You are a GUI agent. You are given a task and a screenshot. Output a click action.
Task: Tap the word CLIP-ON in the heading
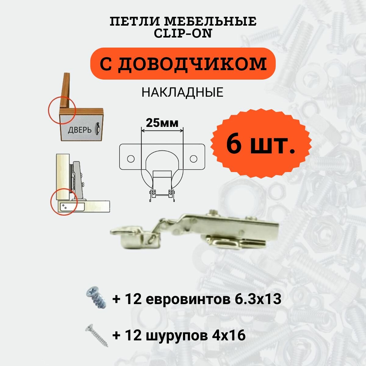(183, 34)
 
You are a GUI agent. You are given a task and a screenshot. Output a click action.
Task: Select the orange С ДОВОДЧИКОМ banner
(183, 64)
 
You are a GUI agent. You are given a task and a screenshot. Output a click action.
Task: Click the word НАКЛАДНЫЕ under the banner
(182, 92)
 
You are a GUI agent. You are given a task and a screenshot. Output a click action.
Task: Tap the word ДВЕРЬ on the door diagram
(80, 130)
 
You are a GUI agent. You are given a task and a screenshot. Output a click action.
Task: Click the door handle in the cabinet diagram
(98, 128)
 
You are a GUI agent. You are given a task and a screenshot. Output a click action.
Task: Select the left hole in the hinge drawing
(131, 159)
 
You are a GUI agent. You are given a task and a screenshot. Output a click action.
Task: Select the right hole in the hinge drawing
(193, 159)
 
